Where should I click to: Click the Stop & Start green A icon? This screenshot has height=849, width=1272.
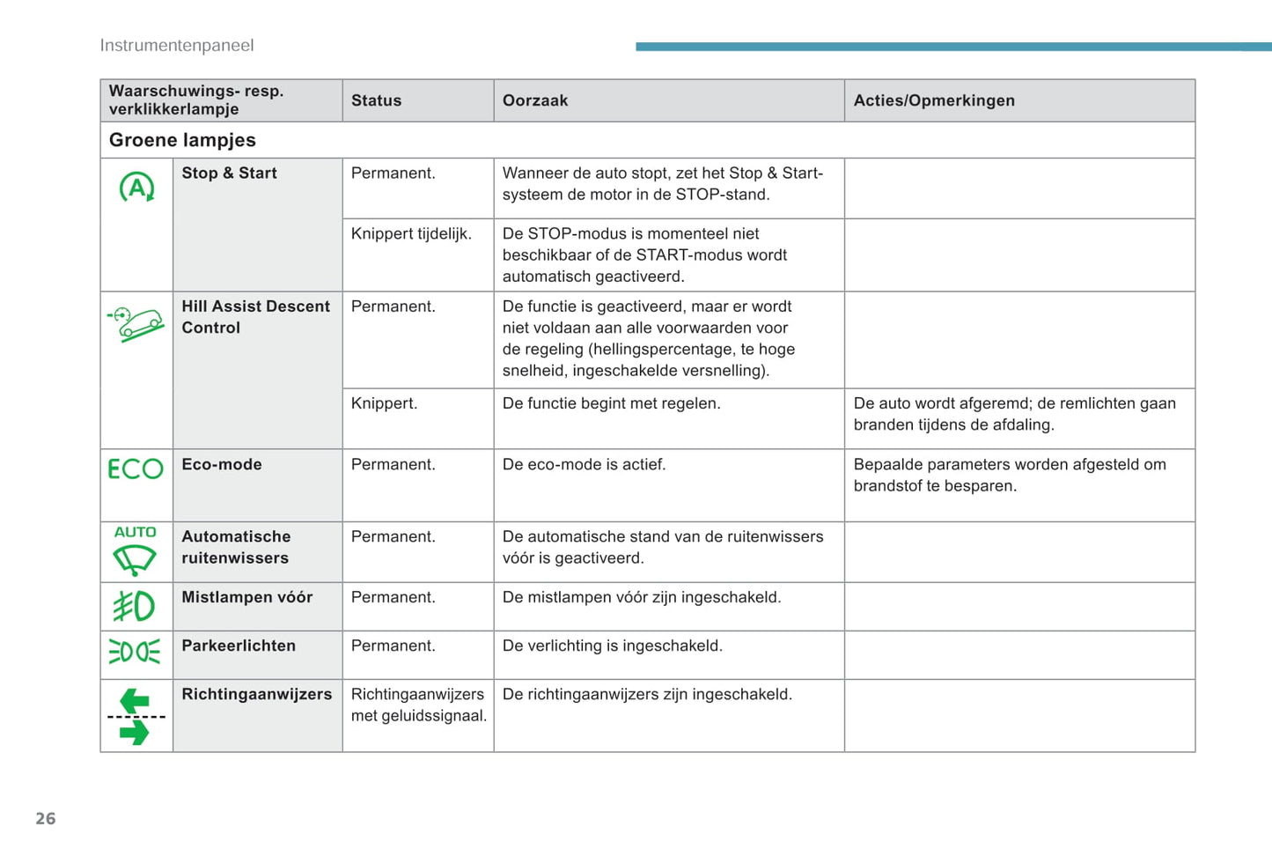[136, 188]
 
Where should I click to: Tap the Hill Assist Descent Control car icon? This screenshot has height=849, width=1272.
[136, 323]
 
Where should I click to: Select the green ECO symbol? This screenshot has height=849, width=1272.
[136, 469]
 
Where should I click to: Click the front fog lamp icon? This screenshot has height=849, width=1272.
[135, 606]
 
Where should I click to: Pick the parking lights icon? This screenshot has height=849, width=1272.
[135, 652]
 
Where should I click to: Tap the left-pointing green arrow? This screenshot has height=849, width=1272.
[135, 701]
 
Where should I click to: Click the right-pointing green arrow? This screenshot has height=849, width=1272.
[135, 732]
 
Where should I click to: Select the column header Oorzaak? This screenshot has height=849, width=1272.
[535, 100]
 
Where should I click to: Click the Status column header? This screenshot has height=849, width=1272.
[376, 100]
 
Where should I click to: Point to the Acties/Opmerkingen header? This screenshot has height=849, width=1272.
[934, 100]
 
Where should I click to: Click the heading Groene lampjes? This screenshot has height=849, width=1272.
[182, 140]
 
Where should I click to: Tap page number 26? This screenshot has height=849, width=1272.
[46, 819]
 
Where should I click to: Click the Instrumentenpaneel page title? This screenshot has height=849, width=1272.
[177, 46]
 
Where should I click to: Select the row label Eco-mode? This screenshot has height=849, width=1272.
[222, 464]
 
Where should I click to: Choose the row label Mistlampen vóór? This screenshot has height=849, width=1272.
[247, 597]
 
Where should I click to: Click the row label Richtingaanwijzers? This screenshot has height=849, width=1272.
[257, 694]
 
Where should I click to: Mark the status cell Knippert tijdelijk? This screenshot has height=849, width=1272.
[411, 233]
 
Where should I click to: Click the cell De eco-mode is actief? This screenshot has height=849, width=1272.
[584, 464]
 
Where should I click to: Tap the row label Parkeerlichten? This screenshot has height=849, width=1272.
[239, 646]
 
